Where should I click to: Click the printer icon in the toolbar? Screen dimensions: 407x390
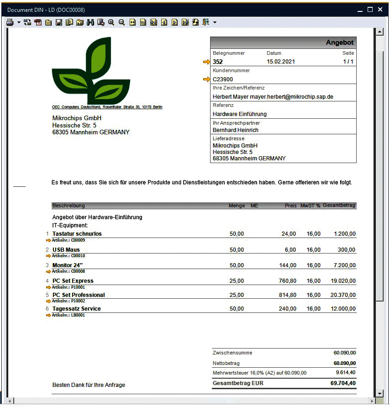click(10, 22)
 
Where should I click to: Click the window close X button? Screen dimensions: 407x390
click(380, 10)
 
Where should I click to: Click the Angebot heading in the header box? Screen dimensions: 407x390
click(339, 42)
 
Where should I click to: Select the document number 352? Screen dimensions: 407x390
click(218, 62)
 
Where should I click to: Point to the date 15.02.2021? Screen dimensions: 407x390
click(281, 62)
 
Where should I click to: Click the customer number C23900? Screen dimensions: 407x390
click(223, 79)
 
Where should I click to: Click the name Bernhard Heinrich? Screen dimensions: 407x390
click(236, 130)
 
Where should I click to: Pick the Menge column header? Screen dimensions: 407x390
click(237, 206)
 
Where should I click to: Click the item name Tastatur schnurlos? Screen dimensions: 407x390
click(77, 234)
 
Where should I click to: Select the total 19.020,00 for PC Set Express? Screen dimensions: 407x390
click(343, 281)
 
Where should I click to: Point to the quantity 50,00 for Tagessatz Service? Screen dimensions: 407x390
click(237, 309)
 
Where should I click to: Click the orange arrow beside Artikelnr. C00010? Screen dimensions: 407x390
click(48, 256)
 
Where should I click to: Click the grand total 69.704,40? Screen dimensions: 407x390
click(343, 383)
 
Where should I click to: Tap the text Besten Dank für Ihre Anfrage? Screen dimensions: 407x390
click(89, 385)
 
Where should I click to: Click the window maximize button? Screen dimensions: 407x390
click(370, 10)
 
